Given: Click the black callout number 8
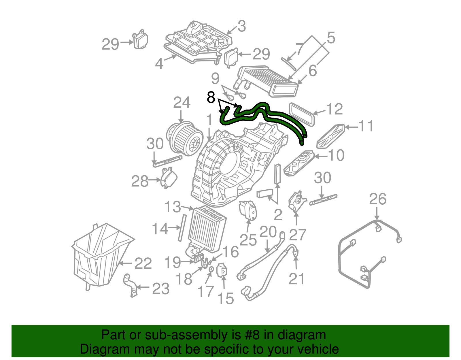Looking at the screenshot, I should point(211,97).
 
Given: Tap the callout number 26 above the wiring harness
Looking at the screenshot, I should point(377,199).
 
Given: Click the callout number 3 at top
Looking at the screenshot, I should point(241,26).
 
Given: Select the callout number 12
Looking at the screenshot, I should point(334,109).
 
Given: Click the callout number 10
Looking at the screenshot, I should point(336,156).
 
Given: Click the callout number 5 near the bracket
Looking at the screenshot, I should point(331,38).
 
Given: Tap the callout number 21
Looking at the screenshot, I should point(296,279).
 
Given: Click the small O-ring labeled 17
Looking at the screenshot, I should point(211,269).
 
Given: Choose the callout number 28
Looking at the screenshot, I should point(140,181).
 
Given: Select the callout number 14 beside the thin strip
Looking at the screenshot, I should point(160,229).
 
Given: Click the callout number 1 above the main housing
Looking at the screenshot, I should point(209,120).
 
